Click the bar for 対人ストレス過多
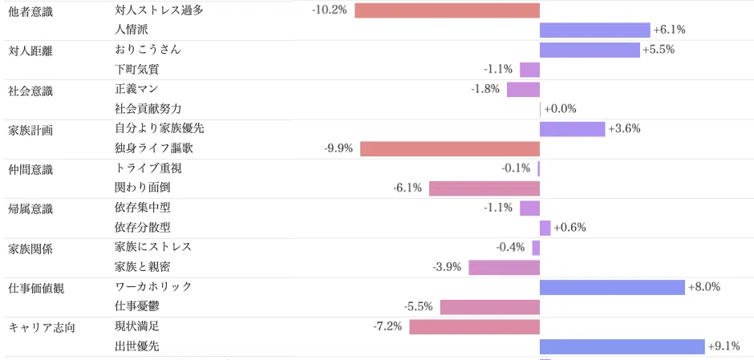[x=448, y=10]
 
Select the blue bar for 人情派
[x=595, y=30]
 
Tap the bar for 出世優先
[x=622, y=346]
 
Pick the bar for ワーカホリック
[x=612, y=287]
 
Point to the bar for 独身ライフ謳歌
[x=450, y=149]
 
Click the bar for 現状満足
[x=475, y=327]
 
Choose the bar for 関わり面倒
[x=484, y=188]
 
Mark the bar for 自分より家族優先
[x=572, y=129]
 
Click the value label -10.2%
[x=330, y=10]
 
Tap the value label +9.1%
[x=724, y=346]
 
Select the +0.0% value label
[x=560, y=109]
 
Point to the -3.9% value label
[x=448, y=267]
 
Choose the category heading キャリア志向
[x=42, y=328]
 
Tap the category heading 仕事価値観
[x=37, y=289]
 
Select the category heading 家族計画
[x=30, y=130]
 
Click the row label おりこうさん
[x=148, y=50]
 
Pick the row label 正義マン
[x=136, y=89]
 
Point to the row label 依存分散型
[x=142, y=227]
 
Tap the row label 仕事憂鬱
[x=137, y=306]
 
